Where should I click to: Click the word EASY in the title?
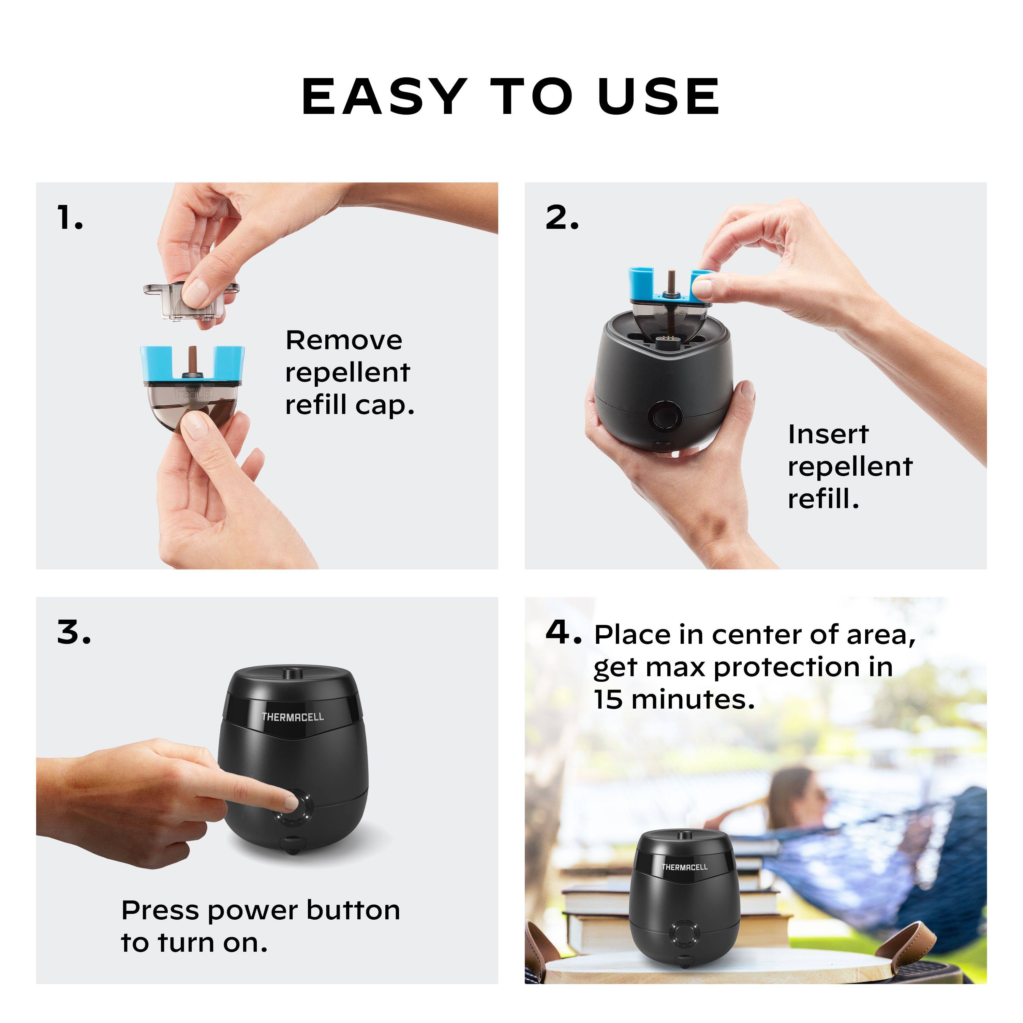point(384,97)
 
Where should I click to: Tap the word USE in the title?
point(659,97)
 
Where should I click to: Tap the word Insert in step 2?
point(828,435)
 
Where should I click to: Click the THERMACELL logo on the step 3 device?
point(292,717)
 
